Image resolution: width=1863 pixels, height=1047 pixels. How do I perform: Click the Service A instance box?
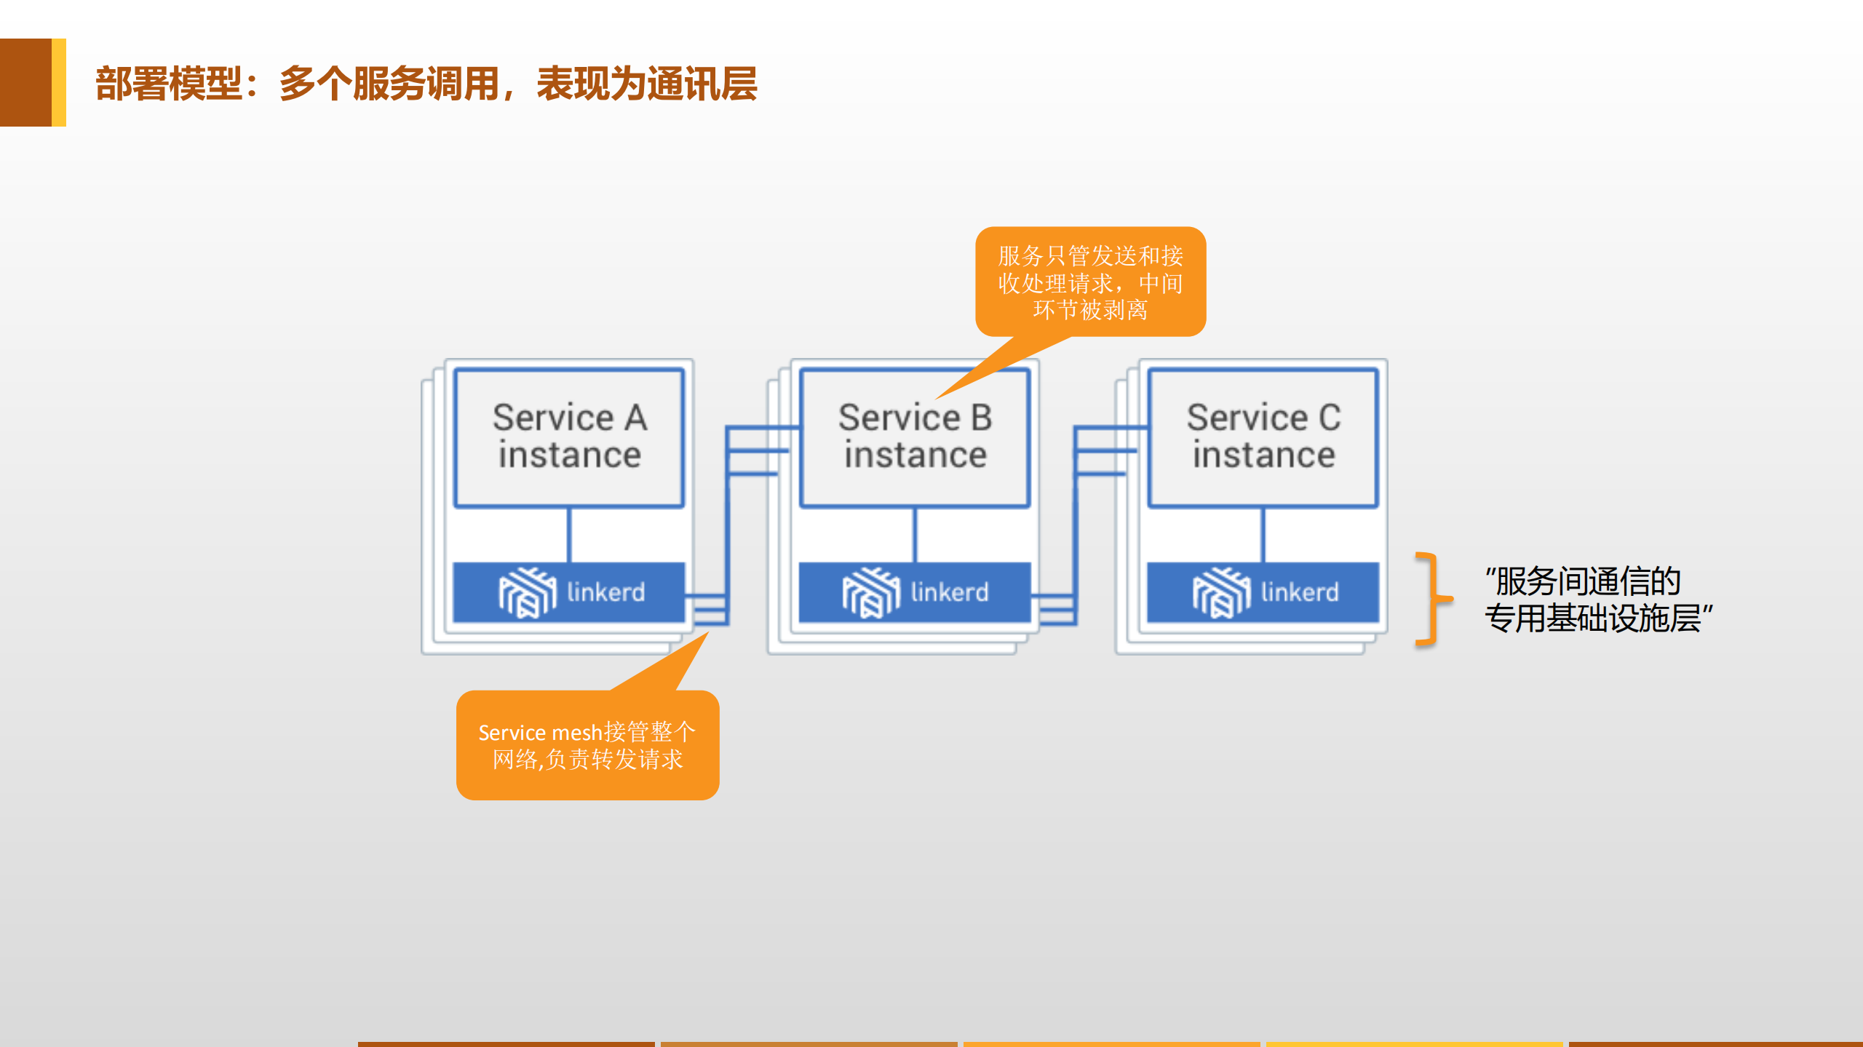click(x=568, y=437)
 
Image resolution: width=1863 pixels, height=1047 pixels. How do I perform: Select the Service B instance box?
click(x=914, y=437)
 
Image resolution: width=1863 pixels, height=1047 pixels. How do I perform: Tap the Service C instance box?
click(x=1263, y=437)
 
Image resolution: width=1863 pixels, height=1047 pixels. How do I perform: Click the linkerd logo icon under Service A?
click(x=527, y=592)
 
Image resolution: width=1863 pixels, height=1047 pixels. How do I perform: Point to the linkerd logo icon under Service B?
click(x=870, y=592)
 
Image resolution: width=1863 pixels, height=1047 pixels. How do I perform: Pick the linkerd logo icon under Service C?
click(x=1221, y=592)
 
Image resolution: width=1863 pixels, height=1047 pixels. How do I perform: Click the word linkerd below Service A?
click(x=605, y=592)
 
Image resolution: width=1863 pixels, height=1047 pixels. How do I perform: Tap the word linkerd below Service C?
click(x=1300, y=592)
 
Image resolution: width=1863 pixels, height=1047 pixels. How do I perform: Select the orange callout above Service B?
click(x=1090, y=282)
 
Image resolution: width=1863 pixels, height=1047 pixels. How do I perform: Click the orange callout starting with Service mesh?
click(x=587, y=745)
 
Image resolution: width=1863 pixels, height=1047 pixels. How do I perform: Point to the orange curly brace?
click(x=1431, y=600)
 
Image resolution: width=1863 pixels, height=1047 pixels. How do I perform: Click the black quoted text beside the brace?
click(x=1597, y=600)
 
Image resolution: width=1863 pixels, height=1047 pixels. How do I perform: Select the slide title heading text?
click(x=426, y=84)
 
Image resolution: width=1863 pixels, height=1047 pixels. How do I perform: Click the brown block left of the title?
click(x=25, y=82)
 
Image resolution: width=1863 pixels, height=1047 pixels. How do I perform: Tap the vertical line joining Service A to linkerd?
click(x=569, y=535)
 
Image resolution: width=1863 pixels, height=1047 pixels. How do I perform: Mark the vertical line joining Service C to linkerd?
click(x=1263, y=535)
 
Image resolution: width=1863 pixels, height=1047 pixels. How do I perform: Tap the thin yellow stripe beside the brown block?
click(x=59, y=82)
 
